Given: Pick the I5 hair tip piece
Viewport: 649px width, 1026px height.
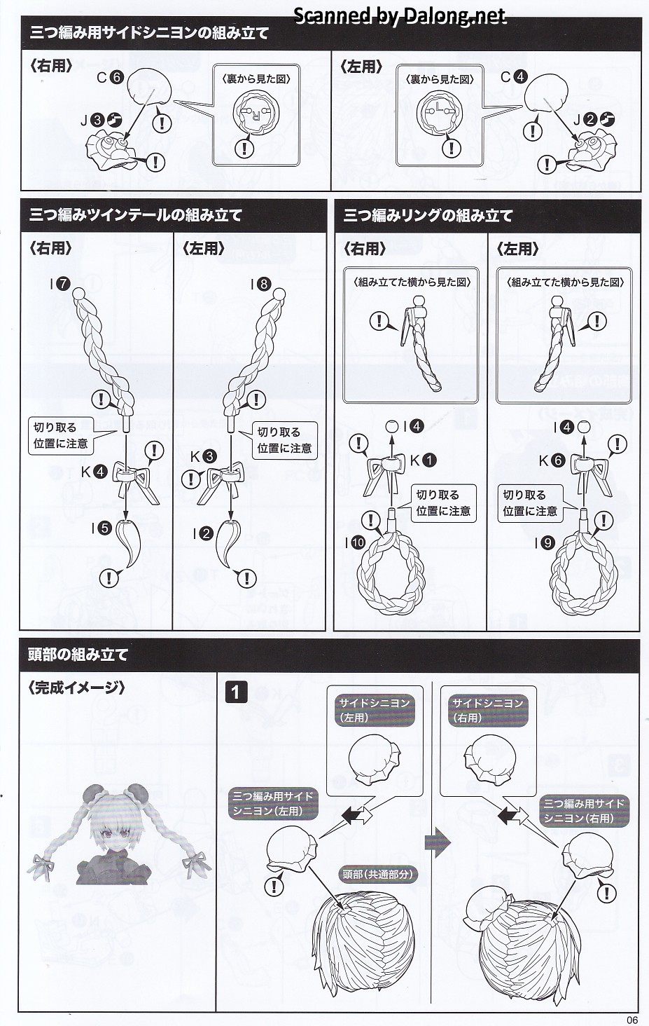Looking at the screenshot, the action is click(128, 542).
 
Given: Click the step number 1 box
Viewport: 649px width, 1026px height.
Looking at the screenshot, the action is click(236, 692).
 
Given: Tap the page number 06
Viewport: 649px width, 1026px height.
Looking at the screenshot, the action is click(632, 1020).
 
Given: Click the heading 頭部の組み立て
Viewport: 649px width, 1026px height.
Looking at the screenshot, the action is click(78, 655).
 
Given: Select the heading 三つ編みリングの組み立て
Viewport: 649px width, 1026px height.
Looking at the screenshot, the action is click(428, 215).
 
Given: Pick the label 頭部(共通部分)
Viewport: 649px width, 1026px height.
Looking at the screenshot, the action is click(377, 873).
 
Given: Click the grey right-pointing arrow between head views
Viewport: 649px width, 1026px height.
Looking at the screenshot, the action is click(437, 842).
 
